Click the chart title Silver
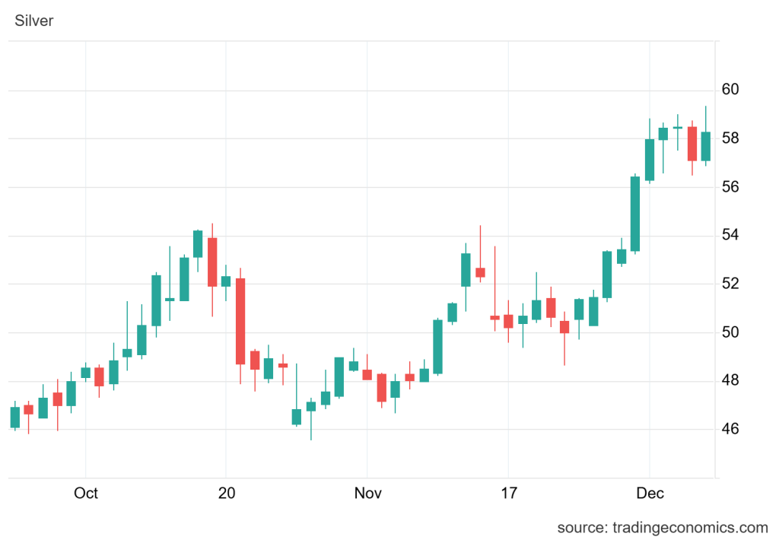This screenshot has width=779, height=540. coord(34,21)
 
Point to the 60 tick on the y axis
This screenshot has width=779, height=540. coord(730,90)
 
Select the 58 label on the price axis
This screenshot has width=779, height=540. coord(730,138)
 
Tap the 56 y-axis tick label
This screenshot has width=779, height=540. coord(730,187)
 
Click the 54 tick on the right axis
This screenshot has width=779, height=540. coord(730,235)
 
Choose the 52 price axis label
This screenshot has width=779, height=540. coord(730,284)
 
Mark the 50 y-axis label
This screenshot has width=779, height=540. coord(730,332)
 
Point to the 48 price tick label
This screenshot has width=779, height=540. coord(730,380)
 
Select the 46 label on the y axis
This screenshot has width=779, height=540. coord(730,429)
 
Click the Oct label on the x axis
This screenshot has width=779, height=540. coord(86,494)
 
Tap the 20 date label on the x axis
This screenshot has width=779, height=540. coord(226,494)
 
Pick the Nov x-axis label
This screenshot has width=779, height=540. coord(368,494)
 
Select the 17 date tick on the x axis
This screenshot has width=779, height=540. coord(508,494)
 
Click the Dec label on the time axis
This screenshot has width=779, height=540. coord(650,494)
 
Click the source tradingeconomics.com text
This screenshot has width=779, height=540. coord(663,527)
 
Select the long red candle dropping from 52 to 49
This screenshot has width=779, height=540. coord(240,321)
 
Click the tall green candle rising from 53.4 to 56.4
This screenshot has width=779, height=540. coord(635,214)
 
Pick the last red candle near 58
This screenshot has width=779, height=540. coord(692,143)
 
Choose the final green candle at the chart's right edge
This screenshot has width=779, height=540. coord(706,146)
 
